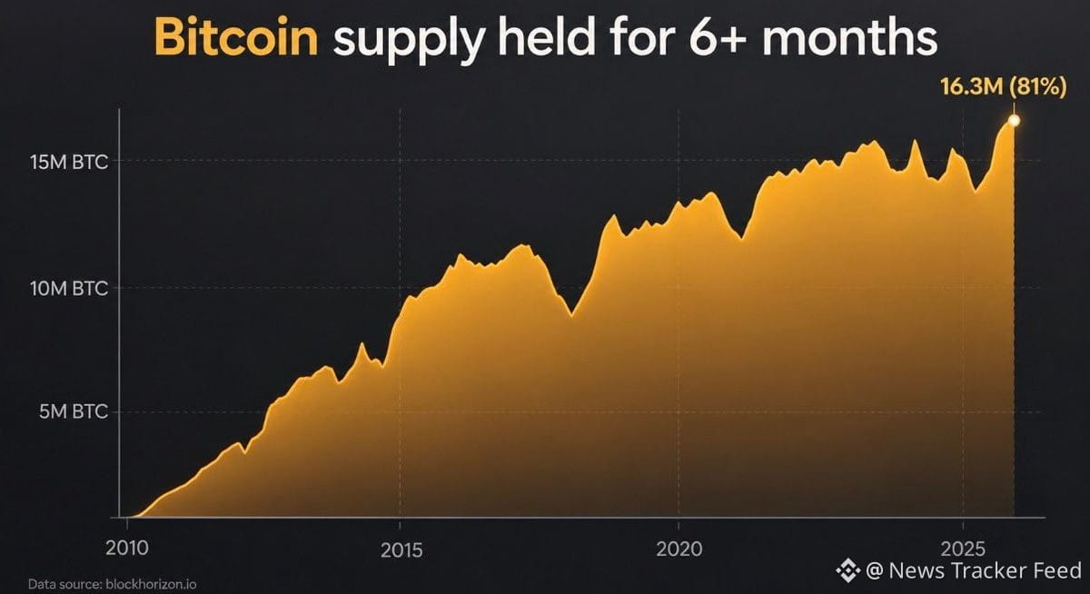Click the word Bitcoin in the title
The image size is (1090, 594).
click(x=236, y=38)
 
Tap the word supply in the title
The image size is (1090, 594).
click(x=409, y=42)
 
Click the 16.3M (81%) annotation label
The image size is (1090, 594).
click(x=1004, y=86)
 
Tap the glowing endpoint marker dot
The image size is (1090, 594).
click(x=1014, y=120)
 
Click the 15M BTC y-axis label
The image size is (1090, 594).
click(x=69, y=162)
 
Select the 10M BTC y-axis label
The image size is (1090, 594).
click(x=69, y=289)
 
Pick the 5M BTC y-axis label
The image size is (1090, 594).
click(x=73, y=411)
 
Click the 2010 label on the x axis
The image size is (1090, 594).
click(x=127, y=549)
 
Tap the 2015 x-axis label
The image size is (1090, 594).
click(x=401, y=550)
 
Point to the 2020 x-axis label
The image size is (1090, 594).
click(x=679, y=549)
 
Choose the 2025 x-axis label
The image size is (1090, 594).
click(x=964, y=549)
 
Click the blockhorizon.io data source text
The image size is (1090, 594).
click(x=151, y=584)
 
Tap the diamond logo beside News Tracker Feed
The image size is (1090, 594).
click(x=848, y=570)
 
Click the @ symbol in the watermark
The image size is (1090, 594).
click(x=875, y=570)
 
